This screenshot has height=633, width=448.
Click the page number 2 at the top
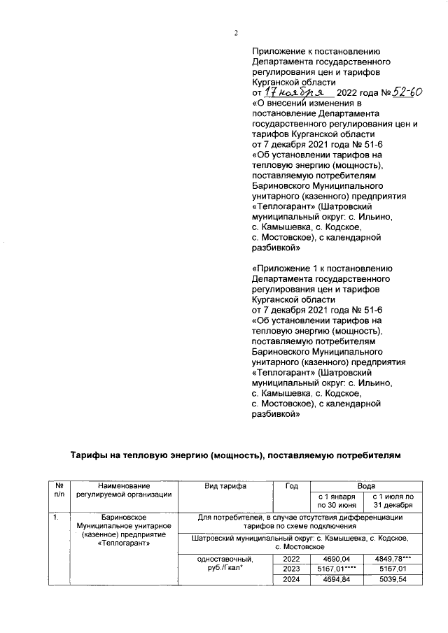pos(236,33)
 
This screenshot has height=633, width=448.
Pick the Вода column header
pos(366,485)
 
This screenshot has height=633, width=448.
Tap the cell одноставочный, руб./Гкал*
pos(224,564)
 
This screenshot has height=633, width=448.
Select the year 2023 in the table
pos(292,569)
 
